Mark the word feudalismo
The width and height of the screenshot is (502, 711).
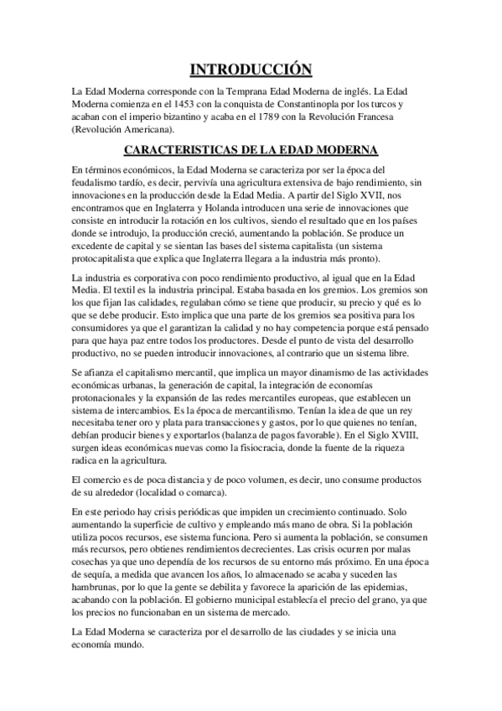pos(100,182)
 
